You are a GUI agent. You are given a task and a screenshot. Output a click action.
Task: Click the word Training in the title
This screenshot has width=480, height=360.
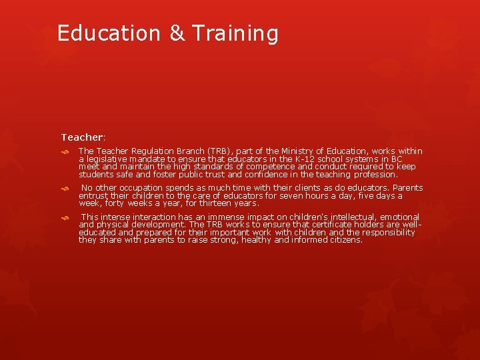pos(235,33)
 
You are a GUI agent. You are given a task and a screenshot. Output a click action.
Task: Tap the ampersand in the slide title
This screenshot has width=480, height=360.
pos(177,33)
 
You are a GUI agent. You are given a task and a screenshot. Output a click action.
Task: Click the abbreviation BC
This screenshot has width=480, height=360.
pos(396,159)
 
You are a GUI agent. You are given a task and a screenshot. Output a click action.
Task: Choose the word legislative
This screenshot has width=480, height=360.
pos(108,159)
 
